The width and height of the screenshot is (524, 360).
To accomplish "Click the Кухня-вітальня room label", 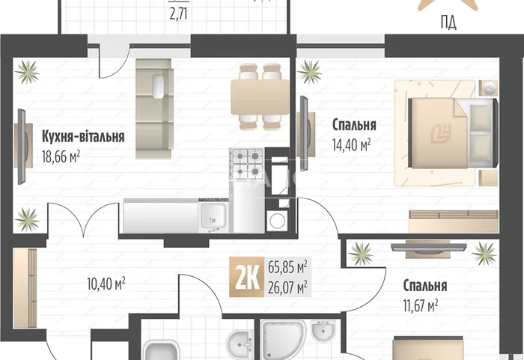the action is (x=83, y=136).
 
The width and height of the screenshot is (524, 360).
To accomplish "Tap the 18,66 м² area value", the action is (x=61, y=156).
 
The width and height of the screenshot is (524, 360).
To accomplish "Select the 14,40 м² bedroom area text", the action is (x=351, y=145).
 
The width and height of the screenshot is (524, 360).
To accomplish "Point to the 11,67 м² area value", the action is (x=421, y=305).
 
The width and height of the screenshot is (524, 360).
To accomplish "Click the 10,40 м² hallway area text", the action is (x=106, y=284).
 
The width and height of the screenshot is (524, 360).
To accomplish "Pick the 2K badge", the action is (x=247, y=277).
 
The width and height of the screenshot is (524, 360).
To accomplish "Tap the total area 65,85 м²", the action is (x=287, y=267).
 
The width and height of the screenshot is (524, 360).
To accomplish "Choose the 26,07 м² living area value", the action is (x=287, y=287).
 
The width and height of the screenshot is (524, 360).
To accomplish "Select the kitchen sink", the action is (x=213, y=217).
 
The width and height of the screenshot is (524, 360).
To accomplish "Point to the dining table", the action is (x=260, y=97).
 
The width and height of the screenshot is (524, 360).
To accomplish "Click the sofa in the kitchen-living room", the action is (x=154, y=109).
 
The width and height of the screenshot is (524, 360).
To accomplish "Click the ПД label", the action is (x=448, y=23).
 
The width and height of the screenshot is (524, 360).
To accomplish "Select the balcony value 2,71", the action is (x=178, y=15).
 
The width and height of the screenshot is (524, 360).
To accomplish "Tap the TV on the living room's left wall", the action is (x=22, y=147).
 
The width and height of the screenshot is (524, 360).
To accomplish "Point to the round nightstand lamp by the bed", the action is (x=489, y=88).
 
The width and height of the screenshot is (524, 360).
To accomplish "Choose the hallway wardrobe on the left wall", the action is (x=25, y=288).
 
